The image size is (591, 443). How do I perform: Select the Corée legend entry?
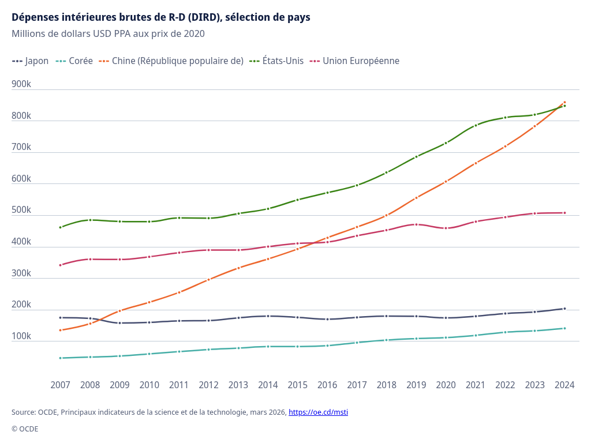coord(76,61)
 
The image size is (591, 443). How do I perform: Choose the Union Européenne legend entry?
coord(356,61)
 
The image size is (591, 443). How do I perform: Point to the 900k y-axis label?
coord(21,84)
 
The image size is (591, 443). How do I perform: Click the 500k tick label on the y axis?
coord(21,210)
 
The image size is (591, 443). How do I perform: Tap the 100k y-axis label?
coord(21,336)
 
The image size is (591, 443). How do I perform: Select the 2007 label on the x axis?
coord(61,385)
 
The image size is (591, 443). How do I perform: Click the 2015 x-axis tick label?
coord(298,385)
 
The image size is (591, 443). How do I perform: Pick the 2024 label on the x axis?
coord(564,385)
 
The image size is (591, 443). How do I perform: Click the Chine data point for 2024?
coord(564,102)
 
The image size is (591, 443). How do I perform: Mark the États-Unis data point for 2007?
coord(61,227)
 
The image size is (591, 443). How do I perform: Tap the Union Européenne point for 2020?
coord(446,228)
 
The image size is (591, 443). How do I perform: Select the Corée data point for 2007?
coord(61,358)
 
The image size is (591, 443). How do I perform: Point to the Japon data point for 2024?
coord(564,309)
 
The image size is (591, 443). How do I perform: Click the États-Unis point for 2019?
coord(416,156)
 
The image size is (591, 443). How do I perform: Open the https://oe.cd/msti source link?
coord(318,412)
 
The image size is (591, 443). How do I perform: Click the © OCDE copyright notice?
coord(25,429)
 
